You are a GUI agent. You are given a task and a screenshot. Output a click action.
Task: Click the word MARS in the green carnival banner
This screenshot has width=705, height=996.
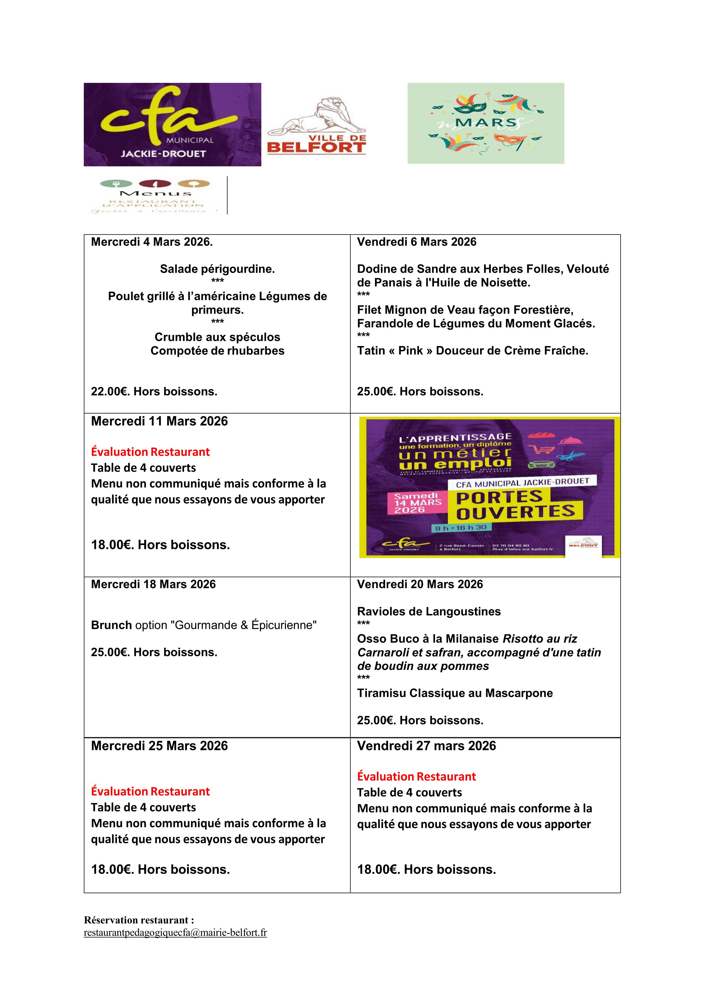485,123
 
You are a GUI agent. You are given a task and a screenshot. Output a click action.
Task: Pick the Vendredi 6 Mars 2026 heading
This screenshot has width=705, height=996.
416,242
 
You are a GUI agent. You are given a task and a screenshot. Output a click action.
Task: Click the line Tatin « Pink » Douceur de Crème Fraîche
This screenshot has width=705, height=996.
472,351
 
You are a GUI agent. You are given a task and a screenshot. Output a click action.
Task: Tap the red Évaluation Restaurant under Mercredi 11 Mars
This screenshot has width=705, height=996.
150,452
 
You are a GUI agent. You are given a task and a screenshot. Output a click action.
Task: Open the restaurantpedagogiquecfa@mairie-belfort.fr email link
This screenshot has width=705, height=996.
175,933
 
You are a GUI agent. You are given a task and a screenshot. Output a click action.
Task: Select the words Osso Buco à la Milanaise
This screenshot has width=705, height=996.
428,639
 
